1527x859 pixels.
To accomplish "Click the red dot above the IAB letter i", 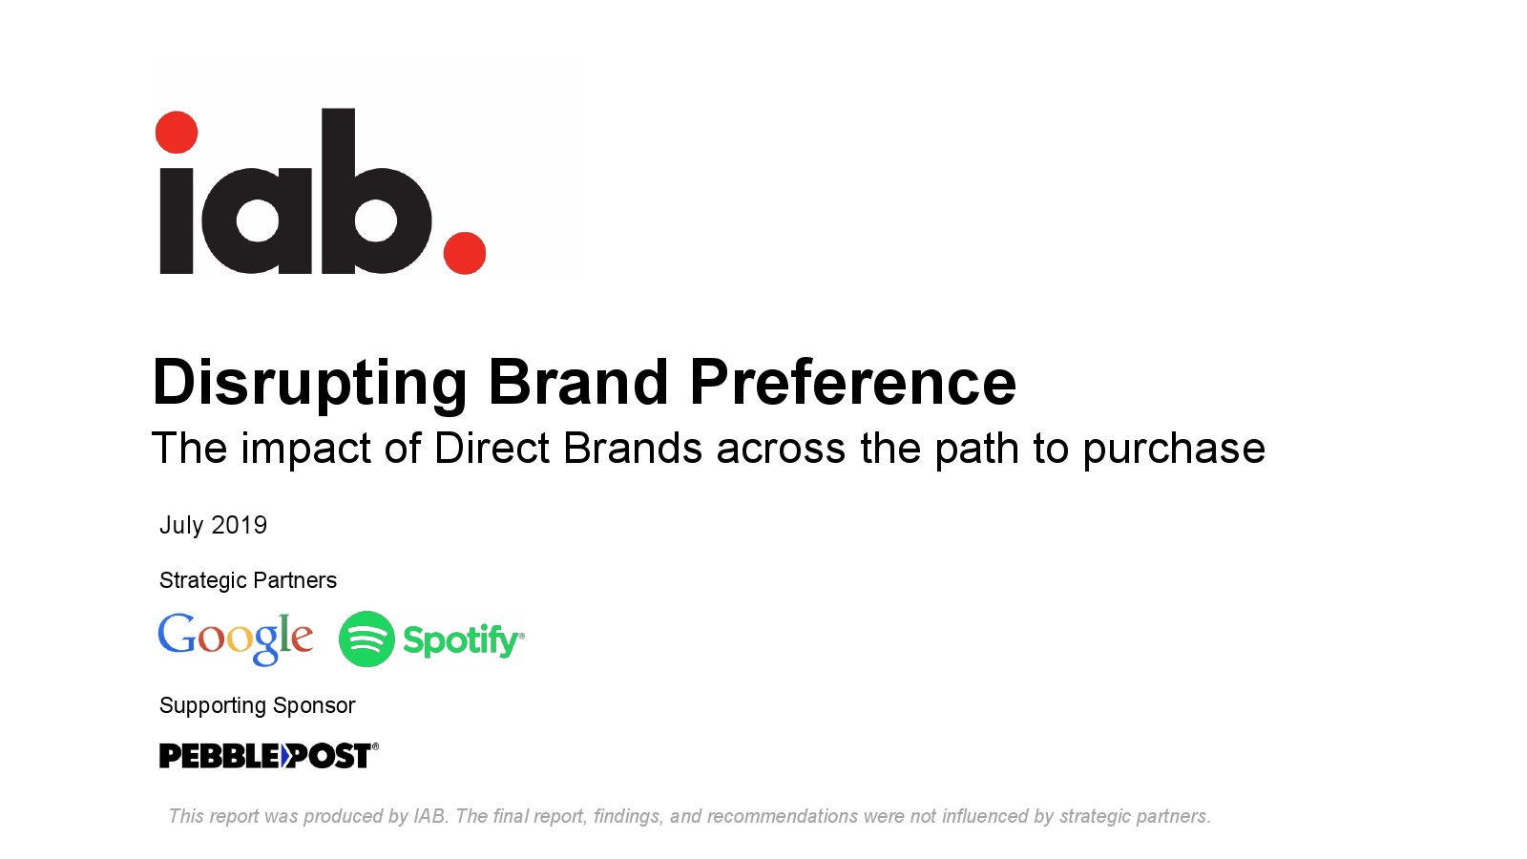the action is [177, 133].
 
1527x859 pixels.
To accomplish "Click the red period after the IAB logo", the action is [465, 253].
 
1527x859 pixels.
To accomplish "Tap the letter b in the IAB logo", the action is [376, 191].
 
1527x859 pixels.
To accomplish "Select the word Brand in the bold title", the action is [578, 382].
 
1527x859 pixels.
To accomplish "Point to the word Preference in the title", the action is [853, 382].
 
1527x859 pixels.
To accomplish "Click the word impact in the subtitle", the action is [306, 450].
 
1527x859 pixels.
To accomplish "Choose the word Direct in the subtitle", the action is [492, 448].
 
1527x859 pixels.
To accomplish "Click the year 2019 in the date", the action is [240, 525].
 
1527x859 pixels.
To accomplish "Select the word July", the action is [181, 526].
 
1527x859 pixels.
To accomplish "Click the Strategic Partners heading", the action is [248, 580].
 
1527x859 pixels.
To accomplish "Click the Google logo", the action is [235, 639].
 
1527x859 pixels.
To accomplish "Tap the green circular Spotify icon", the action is [366, 639].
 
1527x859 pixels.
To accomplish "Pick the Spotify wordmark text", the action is [464, 640].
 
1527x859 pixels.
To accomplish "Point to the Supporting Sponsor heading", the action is [257, 705].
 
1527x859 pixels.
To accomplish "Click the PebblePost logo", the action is [268, 756].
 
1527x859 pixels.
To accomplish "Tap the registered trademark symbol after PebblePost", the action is [375, 746].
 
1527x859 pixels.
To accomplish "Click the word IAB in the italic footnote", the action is [430, 816].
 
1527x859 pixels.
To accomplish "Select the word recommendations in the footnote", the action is [783, 816].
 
